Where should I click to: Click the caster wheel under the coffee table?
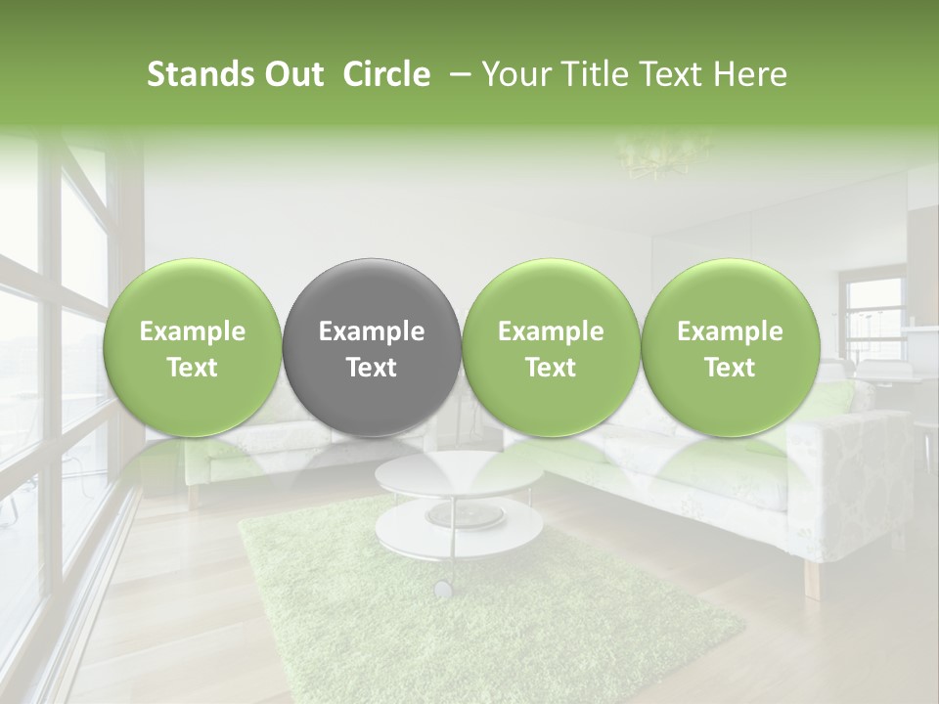pyautogui.click(x=443, y=589)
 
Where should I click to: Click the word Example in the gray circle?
pyautogui.click(x=371, y=331)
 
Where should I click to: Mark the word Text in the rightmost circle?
pyautogui.click(x=730, y=368)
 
